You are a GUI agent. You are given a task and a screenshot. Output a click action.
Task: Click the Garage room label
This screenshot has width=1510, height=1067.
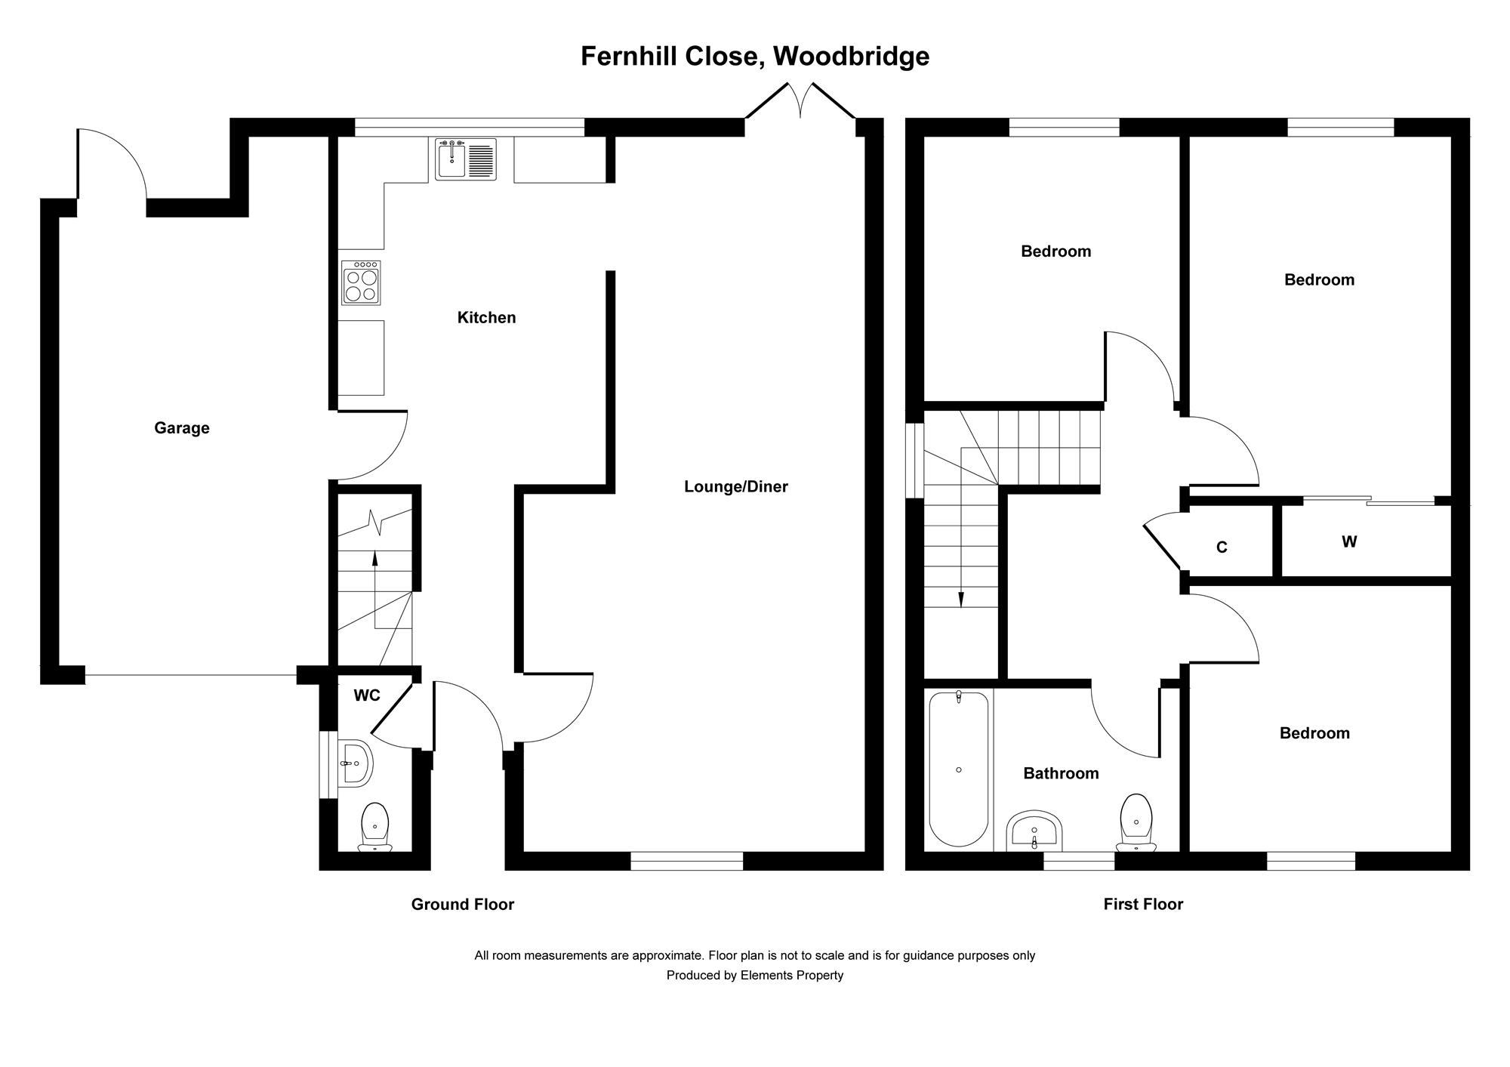click(181, 428)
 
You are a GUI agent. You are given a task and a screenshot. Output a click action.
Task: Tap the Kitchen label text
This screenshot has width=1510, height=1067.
click(486, 318)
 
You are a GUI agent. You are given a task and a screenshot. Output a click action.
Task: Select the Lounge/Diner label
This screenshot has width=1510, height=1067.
click(735, 487)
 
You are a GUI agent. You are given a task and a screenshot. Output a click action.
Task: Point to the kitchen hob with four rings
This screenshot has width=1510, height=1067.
click(361, 282)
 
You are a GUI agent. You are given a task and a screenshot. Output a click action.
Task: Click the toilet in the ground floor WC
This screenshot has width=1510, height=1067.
click(375, 826)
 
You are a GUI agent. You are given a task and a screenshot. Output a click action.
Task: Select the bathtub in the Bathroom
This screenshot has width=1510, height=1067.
click(958, 769)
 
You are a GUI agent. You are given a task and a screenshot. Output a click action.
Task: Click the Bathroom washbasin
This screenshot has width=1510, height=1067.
click(1034, 831)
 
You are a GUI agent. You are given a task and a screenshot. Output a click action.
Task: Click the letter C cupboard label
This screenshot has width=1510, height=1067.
click(1222, 547)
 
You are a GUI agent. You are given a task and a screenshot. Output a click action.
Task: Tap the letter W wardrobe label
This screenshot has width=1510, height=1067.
click(1349, 541)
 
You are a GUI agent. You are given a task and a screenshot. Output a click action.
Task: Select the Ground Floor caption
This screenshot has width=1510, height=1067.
click(462, 904)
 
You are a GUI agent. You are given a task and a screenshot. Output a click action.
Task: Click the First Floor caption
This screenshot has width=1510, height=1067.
click(1143, 904)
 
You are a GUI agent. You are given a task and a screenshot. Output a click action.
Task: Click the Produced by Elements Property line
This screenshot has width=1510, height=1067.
click(754, 975)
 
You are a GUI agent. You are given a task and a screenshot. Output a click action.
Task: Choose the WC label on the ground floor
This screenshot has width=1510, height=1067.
click(367, 695)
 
